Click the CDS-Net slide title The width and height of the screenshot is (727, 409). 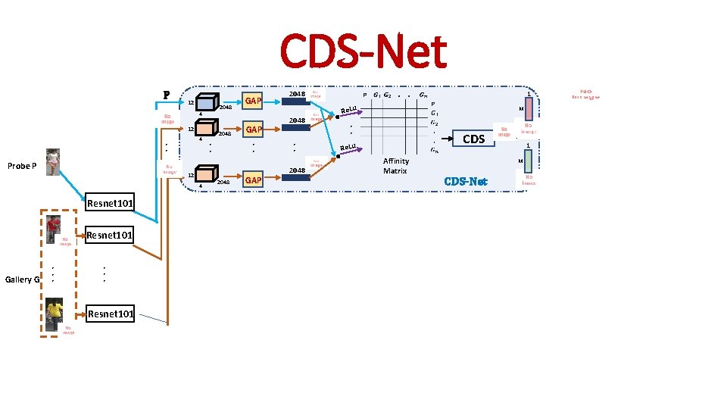point(363,51)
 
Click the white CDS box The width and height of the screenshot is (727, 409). point(473,139)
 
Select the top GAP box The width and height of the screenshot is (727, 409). point(253,101)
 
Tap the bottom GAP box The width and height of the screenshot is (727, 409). point(253,180)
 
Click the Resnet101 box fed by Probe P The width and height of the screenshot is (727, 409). point(111,203)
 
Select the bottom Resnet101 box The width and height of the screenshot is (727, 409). point(111,314)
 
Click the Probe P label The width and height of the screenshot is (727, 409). point(22,166)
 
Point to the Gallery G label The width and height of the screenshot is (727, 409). point(22,279)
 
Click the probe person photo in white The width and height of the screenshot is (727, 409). point(52,161)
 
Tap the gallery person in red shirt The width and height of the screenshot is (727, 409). point(53,226)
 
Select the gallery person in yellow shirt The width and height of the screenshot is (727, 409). point(54,314)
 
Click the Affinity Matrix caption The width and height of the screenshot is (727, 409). point(395,166)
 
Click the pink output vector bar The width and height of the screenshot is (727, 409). point(529,111)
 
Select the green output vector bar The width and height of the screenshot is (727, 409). point(529,160)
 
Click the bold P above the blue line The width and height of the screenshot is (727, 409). point(166,95)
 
